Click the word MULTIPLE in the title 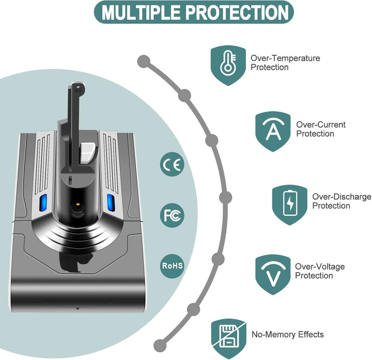[x=141, y=12]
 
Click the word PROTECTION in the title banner [x=237, y=12]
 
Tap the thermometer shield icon [x=228, y=65]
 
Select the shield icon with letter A [x=273, y=131]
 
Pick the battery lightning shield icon [x=290, y=205]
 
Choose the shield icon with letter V [x=273, y=275]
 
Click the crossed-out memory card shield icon [x=229, y=339]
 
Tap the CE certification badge [x=172, y=164]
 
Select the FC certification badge [x=172, y=215]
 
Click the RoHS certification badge [x=172, y=266]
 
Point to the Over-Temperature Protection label [x=285, y=63]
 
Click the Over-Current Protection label [x=321, y=129]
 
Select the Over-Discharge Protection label [x=342, y=201]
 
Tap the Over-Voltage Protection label [x=320, y=271]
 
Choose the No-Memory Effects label [x=288, y=334]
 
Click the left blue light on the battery [x=43, y=203]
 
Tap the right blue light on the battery [x=111, y=202]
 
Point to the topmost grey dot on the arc [x=144, y=62]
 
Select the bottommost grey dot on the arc [x=160, y=346]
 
